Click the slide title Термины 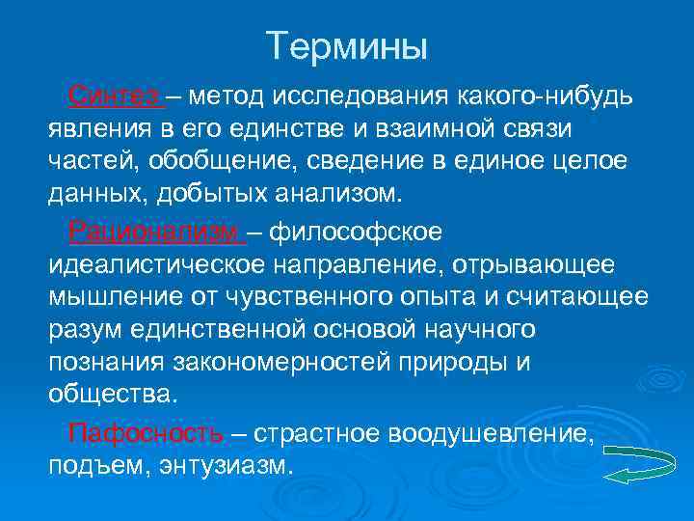346,45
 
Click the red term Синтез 114,96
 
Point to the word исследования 360,96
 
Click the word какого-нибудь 545,96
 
